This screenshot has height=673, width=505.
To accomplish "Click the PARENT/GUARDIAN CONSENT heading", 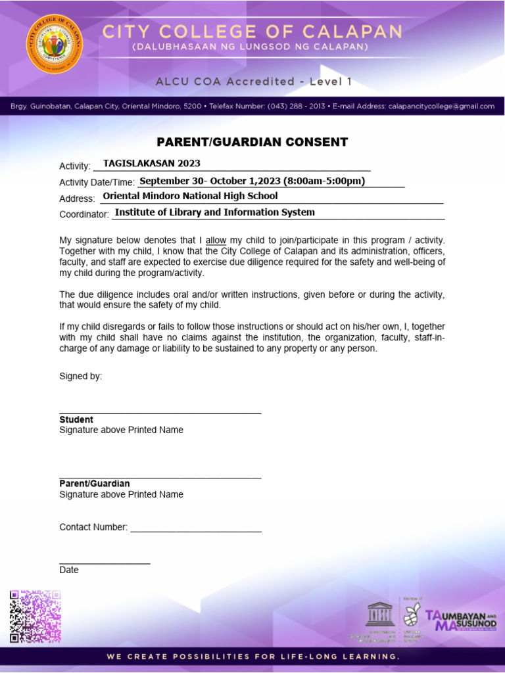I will [x=252, y=142].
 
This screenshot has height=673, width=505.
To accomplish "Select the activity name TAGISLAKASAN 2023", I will [x=152, y=164].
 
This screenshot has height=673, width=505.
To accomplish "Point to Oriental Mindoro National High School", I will [x=190, y=196].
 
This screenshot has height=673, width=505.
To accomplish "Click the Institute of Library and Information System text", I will [x=214, y=212].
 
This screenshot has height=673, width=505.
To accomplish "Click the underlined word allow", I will [x=216, y=241].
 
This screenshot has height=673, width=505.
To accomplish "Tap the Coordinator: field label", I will [x=84, y=214].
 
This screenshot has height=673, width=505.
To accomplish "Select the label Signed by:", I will [x=80, y=377].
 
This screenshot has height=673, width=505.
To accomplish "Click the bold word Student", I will [x=76, y=419].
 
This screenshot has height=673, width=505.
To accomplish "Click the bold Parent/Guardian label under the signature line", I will [x=94, y=484].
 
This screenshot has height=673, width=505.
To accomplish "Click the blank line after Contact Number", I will [x=195, y=528].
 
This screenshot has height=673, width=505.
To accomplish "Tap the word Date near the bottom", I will [x=68, y=570].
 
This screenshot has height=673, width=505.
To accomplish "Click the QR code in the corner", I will [x=35, y=616].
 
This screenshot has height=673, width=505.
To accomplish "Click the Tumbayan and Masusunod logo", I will [x=460, y=619].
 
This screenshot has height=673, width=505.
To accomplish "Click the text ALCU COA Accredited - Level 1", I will [x=253, y=81].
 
